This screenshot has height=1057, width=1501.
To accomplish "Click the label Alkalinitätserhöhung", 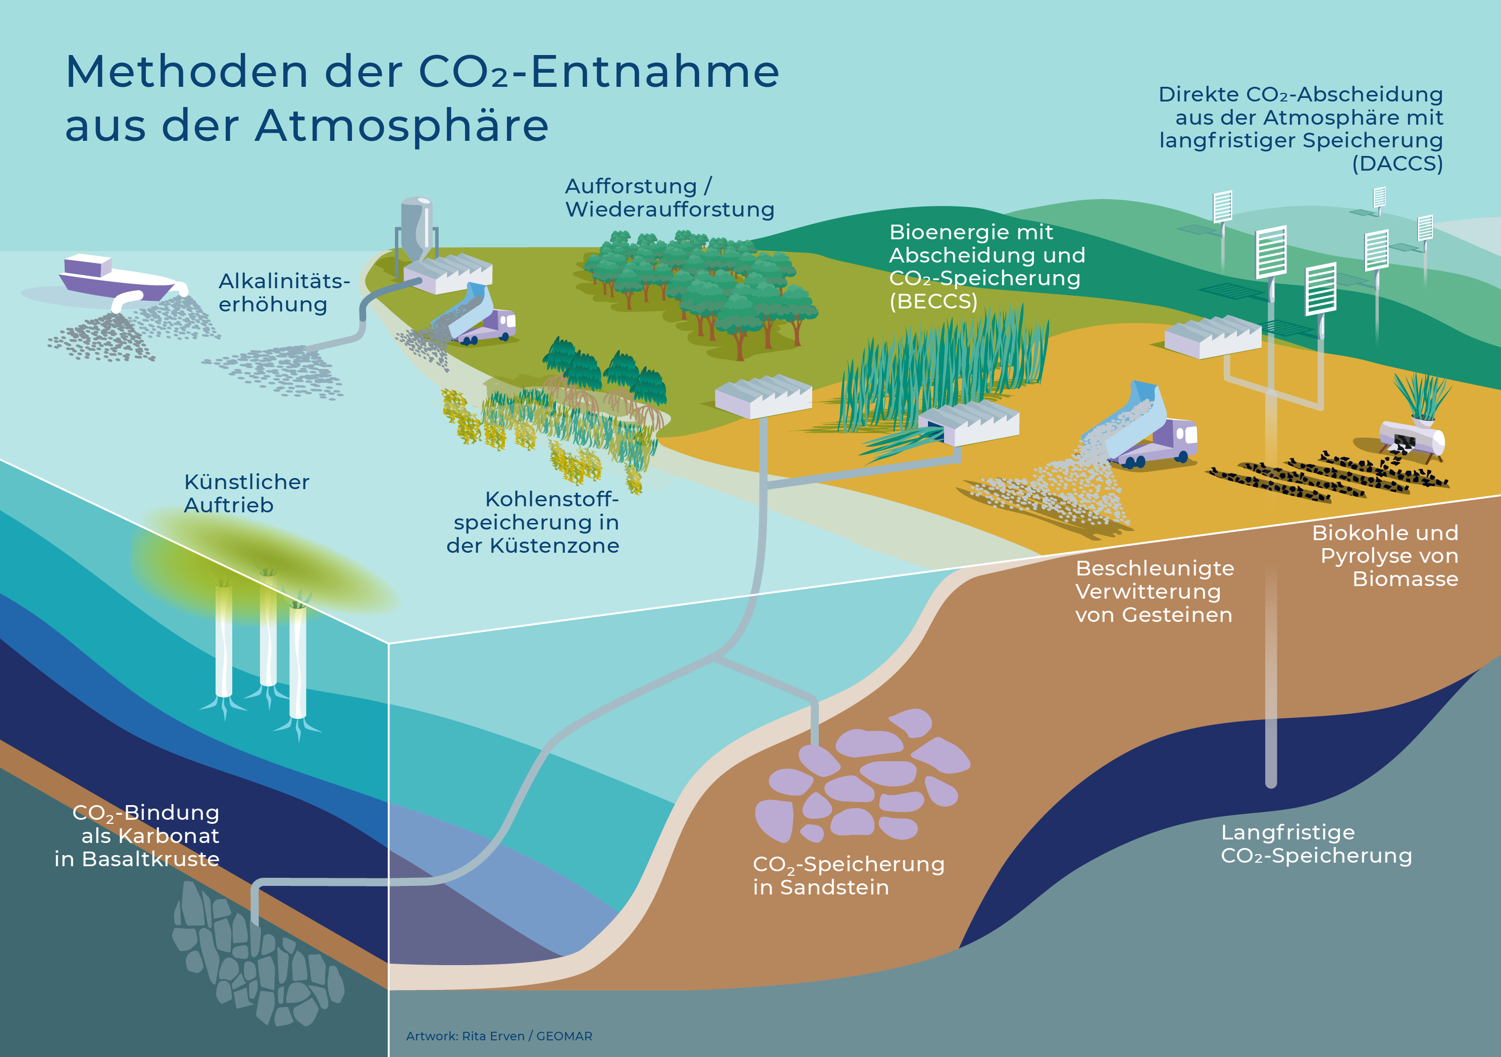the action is tap(284, 293).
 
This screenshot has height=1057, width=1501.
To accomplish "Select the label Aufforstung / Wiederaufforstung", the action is tap(669, 197).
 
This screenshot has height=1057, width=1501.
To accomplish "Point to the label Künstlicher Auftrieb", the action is tap(246, 494).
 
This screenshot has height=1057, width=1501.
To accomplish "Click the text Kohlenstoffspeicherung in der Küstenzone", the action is tap(533, 522).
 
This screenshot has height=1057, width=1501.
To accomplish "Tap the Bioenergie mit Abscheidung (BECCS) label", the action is tap(987, 266).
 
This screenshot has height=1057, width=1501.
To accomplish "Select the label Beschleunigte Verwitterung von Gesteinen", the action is tap(1155, 592).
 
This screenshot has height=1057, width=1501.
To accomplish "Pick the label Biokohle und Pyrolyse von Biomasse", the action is tap(1385, 556).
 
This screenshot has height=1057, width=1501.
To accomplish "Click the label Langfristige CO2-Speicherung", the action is tap(1316, 844).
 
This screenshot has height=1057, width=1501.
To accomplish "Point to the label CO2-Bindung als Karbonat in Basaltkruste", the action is tap(137, 835).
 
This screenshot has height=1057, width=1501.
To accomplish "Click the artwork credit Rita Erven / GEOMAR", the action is tap(499, 1036).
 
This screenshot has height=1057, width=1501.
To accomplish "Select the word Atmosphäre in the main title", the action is tap(401, 126).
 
